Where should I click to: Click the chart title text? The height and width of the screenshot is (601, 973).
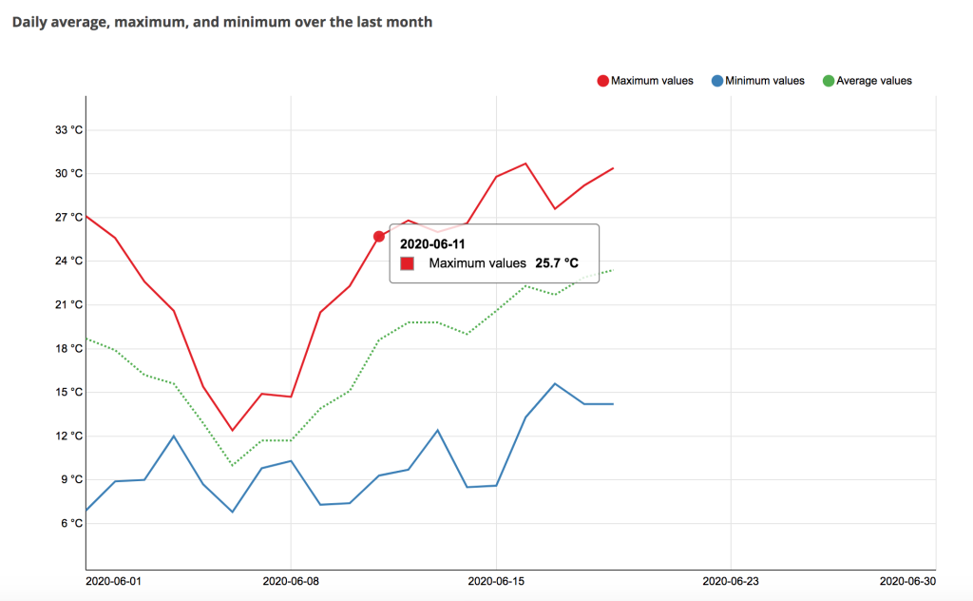[222, 23]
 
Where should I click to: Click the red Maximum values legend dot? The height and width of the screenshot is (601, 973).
[602, 81]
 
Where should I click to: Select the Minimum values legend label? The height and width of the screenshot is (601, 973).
[765, 81]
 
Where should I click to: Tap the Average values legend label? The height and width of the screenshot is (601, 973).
[874, 81]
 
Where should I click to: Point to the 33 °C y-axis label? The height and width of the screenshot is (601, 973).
[68, 129]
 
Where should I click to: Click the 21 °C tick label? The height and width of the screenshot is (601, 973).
[68, 304]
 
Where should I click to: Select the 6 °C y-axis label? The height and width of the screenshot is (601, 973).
[72, 523]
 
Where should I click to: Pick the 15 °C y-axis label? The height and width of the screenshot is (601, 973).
[68, 392]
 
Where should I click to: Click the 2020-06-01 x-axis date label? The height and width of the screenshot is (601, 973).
[114, 581]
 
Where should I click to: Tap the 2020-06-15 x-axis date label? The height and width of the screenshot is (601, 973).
[496, 581]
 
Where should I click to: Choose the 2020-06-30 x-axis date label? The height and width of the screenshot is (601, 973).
[907, 581]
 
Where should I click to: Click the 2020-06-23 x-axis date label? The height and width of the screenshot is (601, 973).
[731, 581]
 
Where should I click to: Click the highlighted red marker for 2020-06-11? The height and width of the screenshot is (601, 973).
[379, 237]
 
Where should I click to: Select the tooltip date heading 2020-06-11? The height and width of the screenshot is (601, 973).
[432, 244]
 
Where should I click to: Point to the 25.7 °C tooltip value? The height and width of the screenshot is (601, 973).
[557, 263]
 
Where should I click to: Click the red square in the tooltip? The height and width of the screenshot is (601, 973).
[407, 263]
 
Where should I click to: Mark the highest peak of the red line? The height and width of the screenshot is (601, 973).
[525, 164]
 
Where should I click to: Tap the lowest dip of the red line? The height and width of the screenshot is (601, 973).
[232, 430]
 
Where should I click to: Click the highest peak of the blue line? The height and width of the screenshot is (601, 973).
[555, 383]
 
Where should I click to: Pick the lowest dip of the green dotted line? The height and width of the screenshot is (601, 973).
[232, 465]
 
